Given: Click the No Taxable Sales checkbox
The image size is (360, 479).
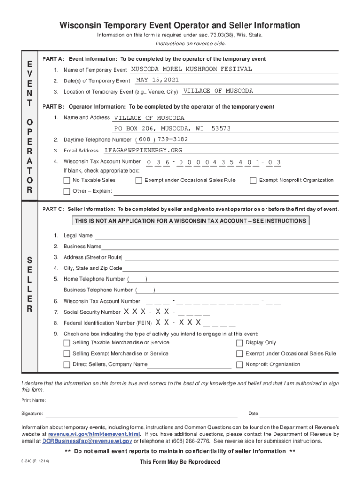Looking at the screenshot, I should pyautogui.click(x=67, y=181).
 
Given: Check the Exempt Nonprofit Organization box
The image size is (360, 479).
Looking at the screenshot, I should pyautogui.click(x=253, y=181).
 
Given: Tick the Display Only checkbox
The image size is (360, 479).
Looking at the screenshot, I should pyautogui.click(x=239, y=343).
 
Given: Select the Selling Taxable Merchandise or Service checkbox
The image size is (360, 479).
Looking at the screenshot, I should pyautogui.click(x=67, y=343).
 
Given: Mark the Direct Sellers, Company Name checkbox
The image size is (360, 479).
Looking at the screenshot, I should pyautogui.click(x=67, y=364).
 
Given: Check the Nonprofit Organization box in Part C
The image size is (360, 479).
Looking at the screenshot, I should pyautogui.click(x=239, y=364).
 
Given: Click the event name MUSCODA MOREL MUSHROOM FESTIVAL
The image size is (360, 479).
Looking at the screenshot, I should pyautogui.click(x=191, y=69).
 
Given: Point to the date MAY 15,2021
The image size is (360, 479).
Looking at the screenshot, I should pyautogui.click(x=157, y=80).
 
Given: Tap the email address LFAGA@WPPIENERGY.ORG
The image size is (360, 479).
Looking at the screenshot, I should pyautogui.click(x=143, y=150).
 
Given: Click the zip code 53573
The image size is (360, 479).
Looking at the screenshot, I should pyautogui.click(x=221, y=128).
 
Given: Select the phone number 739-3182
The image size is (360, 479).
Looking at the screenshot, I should pyautogui.click(x=173, y=139).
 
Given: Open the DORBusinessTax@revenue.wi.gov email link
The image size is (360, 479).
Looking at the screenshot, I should pyautogui.click(x=87, y=441).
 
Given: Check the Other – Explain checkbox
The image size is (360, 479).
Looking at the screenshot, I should pyautogui.click(x=67, y=191).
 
